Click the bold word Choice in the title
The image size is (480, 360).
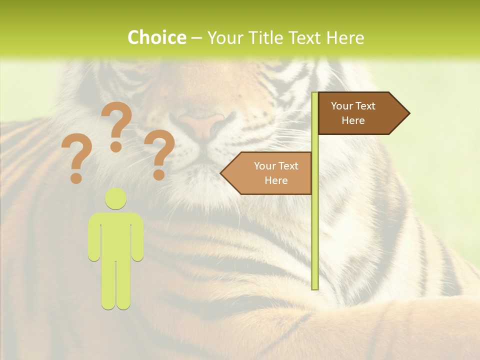coord(156,38)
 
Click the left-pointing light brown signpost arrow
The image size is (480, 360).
coord(267,173)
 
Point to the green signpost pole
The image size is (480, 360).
coord(315,225)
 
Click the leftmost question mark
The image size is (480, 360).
coord(76,155)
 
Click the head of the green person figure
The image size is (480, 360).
coord(116,198)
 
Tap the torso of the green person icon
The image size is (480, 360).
coord(116,235)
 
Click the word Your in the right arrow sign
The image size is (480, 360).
coord(342,106)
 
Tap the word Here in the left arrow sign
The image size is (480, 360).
coord(276,180)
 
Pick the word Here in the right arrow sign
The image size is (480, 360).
coord(353,120)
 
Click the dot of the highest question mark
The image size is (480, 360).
coord(116,146)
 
